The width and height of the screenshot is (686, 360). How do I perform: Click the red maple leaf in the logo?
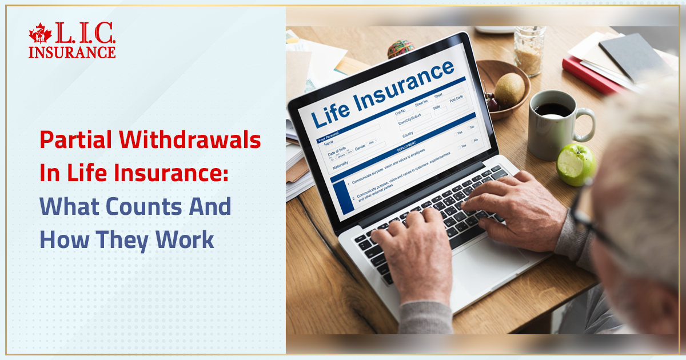(x=41, y=34)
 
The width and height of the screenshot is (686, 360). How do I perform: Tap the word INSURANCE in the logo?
(x=72, y=52)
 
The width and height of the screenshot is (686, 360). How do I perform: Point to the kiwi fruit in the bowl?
(x=509, y=90)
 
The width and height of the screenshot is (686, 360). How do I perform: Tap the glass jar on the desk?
(x=529, y=51)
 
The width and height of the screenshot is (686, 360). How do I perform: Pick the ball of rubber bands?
(x=401, y=49)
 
